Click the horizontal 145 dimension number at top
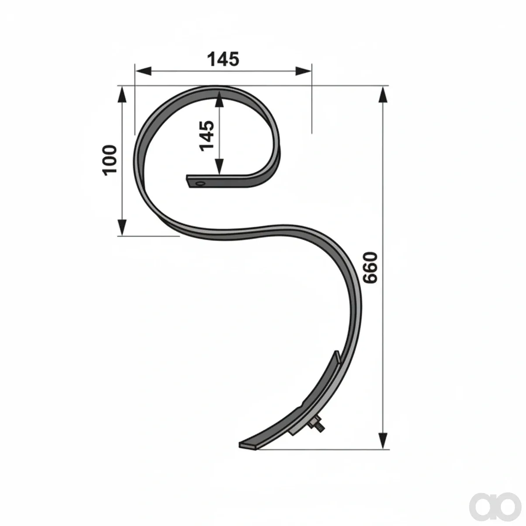click(x=223, y=59)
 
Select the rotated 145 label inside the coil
click(x=206, y=136)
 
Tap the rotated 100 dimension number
click(x=109, y=160)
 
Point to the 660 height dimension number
click(x=370, y=268)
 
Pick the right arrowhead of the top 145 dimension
click(x=303, y=71)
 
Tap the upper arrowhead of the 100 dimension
click(x=122, y=95)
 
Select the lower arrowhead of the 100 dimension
click(x=122, y=227)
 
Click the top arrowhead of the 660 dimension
click(x=384, y=95)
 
